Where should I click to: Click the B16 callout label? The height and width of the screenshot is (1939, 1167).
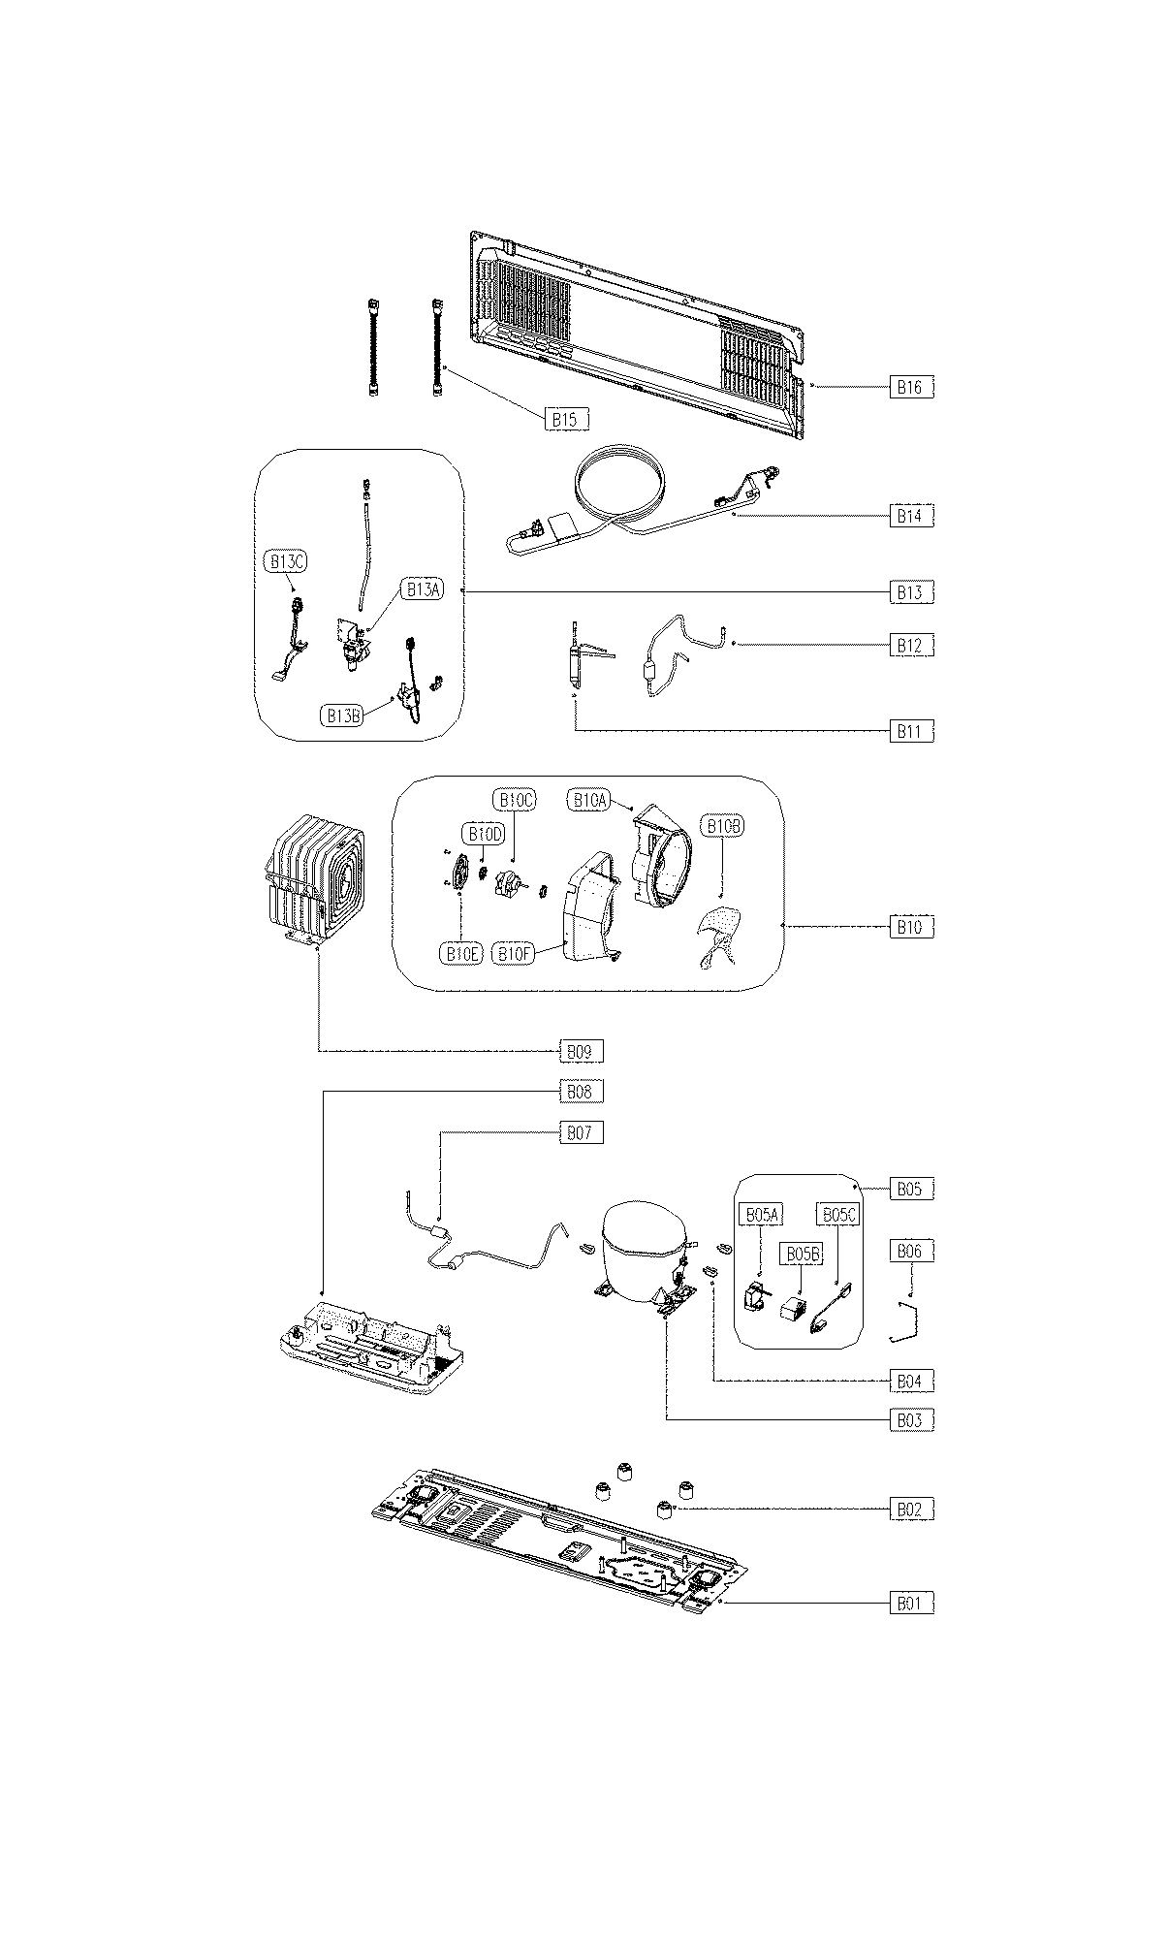(911, 387)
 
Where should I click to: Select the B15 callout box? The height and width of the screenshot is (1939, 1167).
(566, 419)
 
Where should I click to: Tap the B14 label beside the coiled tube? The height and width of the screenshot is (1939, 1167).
(911, 516)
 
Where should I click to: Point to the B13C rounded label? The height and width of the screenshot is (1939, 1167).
(286, 561)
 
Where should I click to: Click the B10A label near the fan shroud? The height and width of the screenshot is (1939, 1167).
(589, 800)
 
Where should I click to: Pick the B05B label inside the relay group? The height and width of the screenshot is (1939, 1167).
(803, 1255)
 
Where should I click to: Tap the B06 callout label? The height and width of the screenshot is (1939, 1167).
(911, 1252)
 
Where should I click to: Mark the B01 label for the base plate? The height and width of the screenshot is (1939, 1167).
(911, 1605)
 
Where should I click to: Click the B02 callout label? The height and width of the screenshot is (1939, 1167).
(911, 1510)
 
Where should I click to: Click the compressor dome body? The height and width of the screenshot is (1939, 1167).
(640, 1251)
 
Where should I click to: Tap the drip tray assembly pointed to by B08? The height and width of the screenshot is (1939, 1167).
(368, 1343)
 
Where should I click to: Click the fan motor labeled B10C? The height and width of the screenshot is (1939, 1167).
(506, 883)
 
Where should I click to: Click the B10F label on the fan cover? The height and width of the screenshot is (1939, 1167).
(515, 954)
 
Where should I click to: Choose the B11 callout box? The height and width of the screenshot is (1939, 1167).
(911, 732)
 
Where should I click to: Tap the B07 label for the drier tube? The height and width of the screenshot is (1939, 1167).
(579, 1132)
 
